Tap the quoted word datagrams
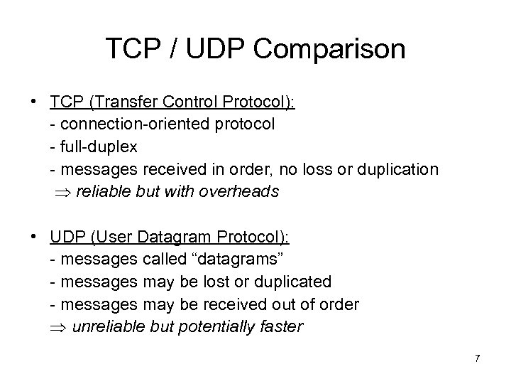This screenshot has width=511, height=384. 237,259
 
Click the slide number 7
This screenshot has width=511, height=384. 477,358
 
